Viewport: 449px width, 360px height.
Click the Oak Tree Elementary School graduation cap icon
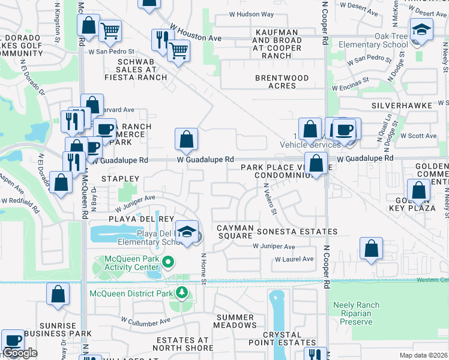[x=421, y=29]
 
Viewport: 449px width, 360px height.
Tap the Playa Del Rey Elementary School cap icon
[x=187, y=232]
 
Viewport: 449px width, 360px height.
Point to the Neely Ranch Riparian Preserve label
[x=356, y=313]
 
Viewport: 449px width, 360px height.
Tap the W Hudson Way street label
[x=251, y=14]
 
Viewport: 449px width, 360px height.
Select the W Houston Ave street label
[x=195, y=34]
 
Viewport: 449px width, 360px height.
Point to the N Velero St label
[x=270, y=199]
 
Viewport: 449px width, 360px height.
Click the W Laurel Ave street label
[x=294, y=259]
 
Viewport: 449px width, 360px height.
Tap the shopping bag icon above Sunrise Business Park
[x=58, y=294]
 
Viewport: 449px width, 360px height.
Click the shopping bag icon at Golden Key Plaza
[x=419, y=191]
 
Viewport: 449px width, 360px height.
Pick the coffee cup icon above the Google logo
[x=13, y=340]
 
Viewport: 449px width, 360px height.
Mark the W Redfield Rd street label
[x=20, y=206]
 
